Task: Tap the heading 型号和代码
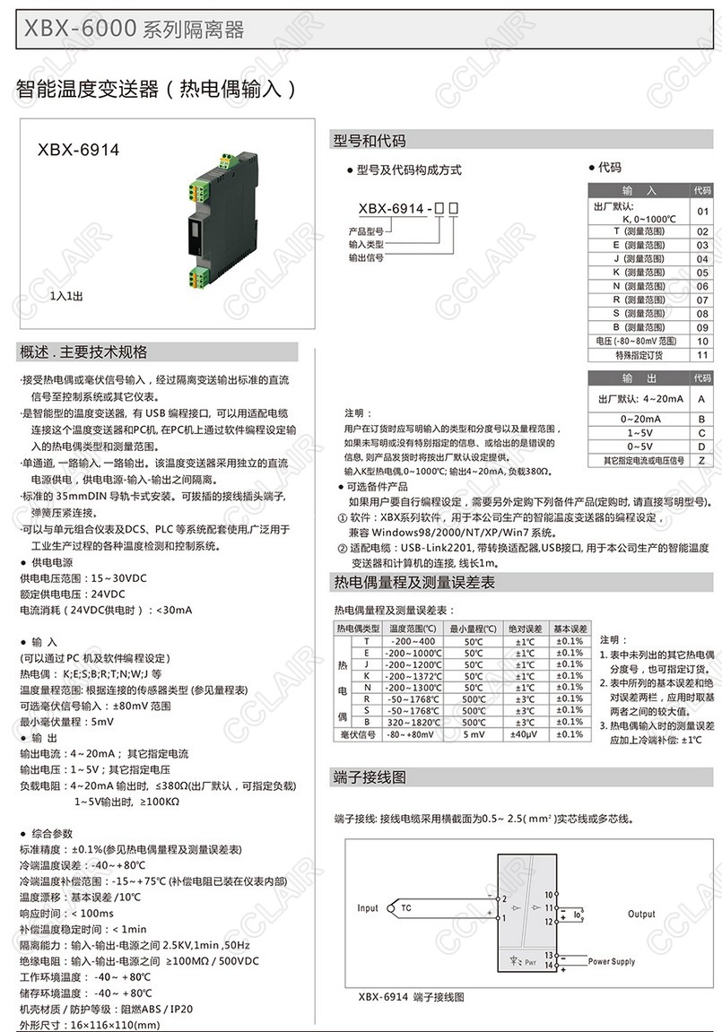coord(370,141)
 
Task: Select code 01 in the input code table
coord(702,212)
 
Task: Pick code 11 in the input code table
coord(702,355)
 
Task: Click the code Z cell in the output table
coord(702,460)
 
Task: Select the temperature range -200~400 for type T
coord(413,641)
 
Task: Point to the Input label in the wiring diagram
coord(368,908)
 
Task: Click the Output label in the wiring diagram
coord(641,915)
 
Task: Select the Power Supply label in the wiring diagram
coord(612,962)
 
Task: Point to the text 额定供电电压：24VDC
coord(73,594)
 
